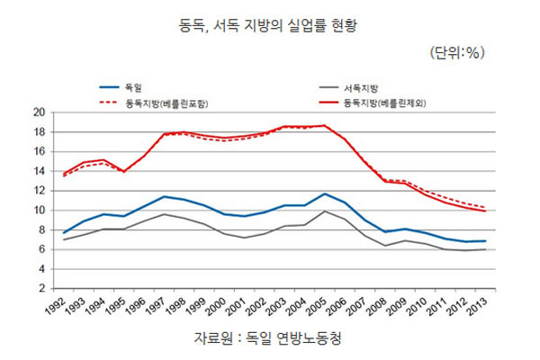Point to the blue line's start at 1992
(x=63, y=233)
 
